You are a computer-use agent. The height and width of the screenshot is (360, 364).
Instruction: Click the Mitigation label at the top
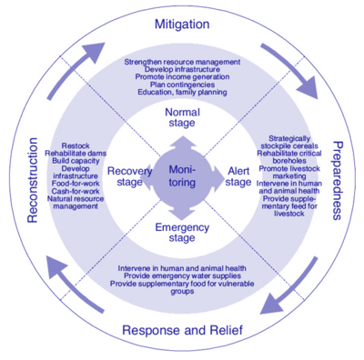point(181,23)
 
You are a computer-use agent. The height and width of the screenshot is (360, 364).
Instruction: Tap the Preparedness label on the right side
point(339,180)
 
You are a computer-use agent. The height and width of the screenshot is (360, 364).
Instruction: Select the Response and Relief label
point(182,330)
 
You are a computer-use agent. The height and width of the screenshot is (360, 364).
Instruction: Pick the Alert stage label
point(238,175)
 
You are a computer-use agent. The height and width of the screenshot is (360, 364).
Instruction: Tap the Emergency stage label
point(181,232)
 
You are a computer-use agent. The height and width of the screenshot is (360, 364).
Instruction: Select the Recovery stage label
point(128,175)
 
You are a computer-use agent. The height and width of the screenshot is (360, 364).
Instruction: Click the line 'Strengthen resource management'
point(181,62)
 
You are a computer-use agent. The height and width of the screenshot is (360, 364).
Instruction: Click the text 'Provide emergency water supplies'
point(181,278)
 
